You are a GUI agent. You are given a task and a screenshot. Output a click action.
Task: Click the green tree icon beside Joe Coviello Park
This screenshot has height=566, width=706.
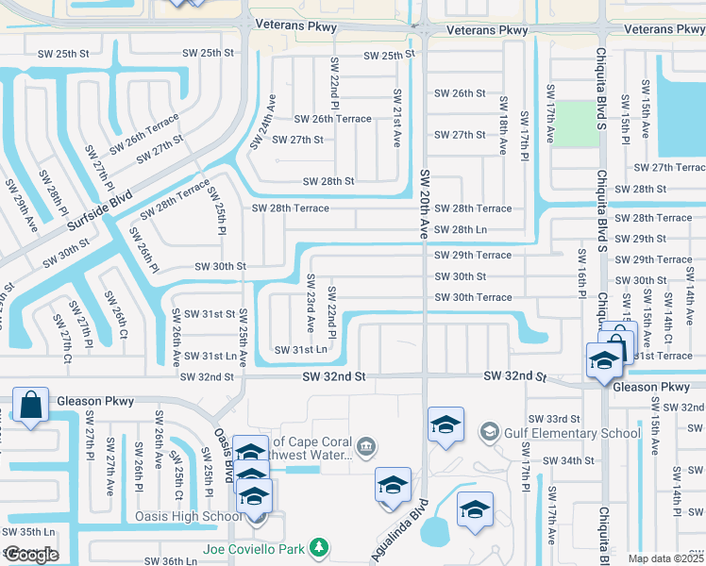click(320, 547)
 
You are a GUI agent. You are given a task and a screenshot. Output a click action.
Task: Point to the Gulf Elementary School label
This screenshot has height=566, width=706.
click(561, 432)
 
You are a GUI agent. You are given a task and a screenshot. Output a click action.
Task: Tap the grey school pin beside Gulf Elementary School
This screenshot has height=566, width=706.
click(489, 432)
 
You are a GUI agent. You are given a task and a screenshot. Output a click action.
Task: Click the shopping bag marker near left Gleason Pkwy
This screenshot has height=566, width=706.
click(31, 406)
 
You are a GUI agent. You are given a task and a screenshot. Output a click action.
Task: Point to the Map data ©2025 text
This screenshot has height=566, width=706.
click(665, 558)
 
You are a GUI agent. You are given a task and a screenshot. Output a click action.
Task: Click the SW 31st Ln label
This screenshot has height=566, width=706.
click(301, 350)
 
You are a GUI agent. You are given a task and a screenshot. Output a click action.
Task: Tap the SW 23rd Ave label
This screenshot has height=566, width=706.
click(310, 303)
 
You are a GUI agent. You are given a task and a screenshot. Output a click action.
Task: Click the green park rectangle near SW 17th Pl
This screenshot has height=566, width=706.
click(576, 124)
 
